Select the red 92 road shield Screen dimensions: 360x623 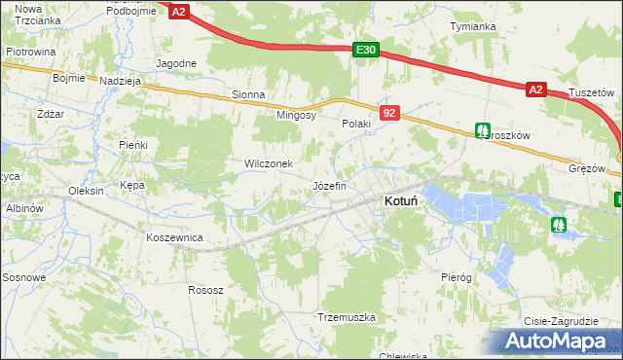pos(389,114)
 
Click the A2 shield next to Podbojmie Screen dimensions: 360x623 pos(179,12)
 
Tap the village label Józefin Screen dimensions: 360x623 pos(329,185)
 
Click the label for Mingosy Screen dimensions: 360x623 pos(297,115)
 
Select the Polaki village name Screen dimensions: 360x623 pos(357,125)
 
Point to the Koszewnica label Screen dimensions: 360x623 pos(173,237)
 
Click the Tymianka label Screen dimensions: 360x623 pos(473,26)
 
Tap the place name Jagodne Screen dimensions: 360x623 pos(176,63)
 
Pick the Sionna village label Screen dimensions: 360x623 pos(248,95)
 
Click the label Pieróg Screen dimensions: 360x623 pos(456,277)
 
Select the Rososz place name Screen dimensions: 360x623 pos(205,290)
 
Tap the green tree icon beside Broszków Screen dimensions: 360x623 pos(482,129)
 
